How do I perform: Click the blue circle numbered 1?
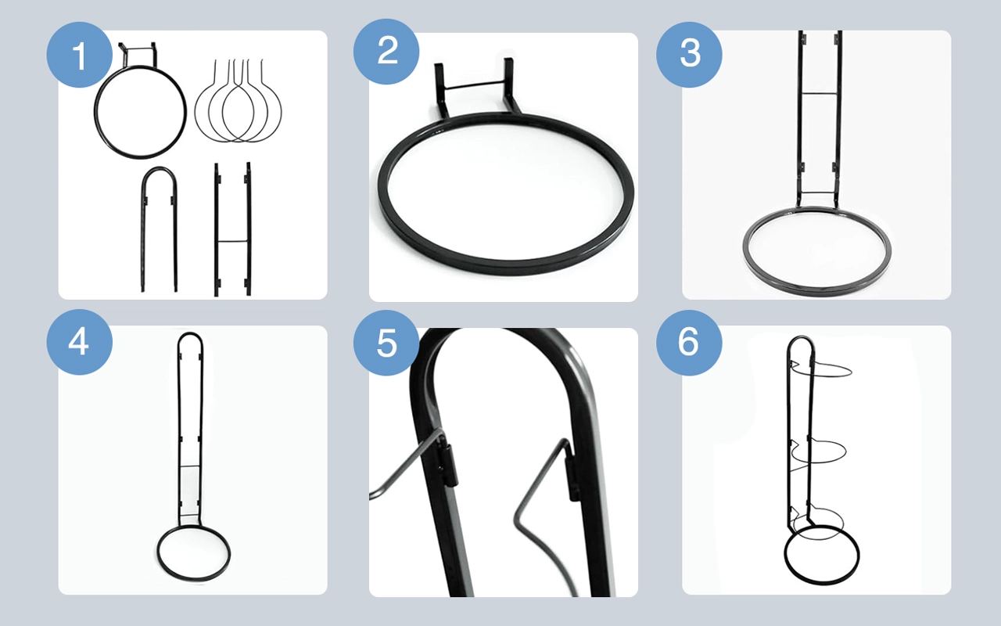pyautogui.click(x=80, y=55)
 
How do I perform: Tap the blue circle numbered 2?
pyautogui.click(x=386, y=52)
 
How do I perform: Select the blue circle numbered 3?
pyautogui.click(x=689, y=55)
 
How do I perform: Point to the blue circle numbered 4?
pyautogui.click(x=80, y=342)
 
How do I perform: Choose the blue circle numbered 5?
pyautogui.click(x=386, y=343)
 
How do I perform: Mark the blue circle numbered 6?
pyautogui.click(x=689, y=343)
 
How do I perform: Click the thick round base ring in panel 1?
pyautogui.click(x=95, y=112)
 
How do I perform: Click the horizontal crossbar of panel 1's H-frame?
pyautogui.click(x=233, y=242)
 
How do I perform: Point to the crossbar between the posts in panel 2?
pyautogui.click(x=475, y=85)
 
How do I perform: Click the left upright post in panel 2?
pyautogui.click(x=440, y=89)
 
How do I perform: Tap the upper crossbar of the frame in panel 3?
pyautogui.click(x=819, y=93)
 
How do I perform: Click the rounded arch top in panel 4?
pyautogui.click(x=190, y=333)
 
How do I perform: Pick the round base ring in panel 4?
pyautogui.click(x=157, y=553)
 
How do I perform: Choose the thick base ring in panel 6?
pyautogui.click(x=784, y=556)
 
